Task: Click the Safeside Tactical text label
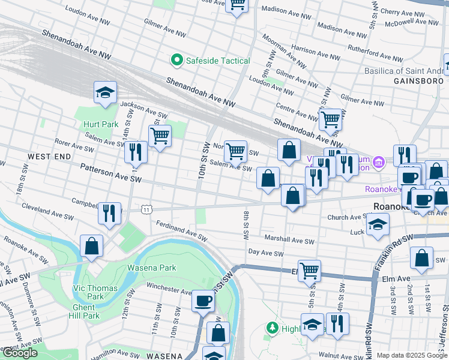pyautogui.click(x=218, y=61)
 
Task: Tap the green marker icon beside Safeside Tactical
pyautogui.click(x=176, y=60)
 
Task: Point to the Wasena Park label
pyautogui.click(x=151, y=268)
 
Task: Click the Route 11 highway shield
pyautogui.click(x=146, y=209)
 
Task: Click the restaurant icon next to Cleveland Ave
pyautogui.click(x=109, y=213)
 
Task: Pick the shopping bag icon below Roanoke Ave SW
pyautogui.click(x=91, y=246)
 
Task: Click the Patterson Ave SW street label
pyautogui.click(x=110, y=175)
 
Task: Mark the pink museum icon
pyautogui.click(x=378, y=162)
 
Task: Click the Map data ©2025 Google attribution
pyautogui.click(x=411, y=355)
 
